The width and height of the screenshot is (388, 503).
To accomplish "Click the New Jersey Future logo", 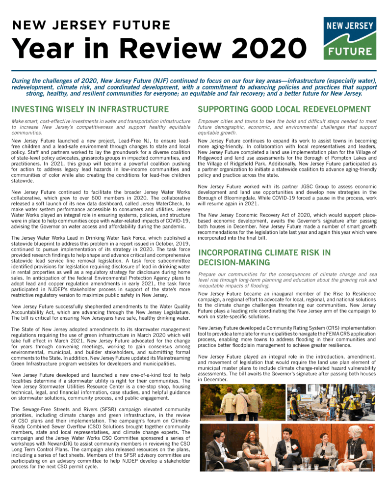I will [x=350, y=38].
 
